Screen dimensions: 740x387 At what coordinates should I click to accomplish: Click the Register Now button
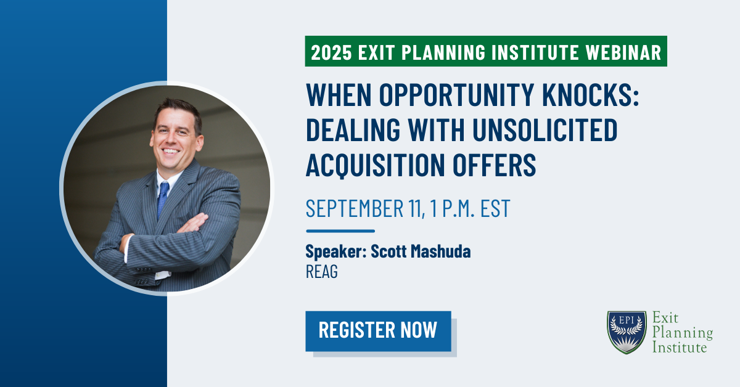point(378,331)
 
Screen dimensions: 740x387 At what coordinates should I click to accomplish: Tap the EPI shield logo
point(627,332)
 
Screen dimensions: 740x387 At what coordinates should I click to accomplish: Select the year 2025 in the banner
point(331,52)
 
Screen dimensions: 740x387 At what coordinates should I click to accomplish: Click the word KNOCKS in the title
point(591,95)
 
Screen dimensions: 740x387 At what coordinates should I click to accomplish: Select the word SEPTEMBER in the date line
point(355,208)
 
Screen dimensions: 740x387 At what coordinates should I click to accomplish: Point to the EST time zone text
point(496,208)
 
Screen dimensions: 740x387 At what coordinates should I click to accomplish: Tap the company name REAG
point(322,272)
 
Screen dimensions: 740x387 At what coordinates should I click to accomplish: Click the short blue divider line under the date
point(340,231)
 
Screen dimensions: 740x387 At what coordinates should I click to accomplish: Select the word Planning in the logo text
point(683,333)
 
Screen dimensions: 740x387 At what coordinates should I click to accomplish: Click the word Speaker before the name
point(336,251)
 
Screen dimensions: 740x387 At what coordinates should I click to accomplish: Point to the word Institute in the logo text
point(680,347)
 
